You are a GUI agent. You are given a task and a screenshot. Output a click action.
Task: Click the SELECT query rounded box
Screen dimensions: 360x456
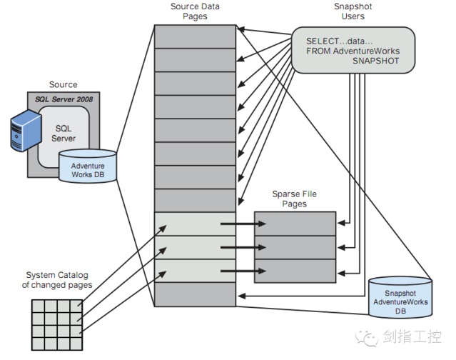pos(352,50)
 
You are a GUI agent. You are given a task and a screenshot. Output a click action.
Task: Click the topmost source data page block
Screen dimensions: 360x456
pos(195,36)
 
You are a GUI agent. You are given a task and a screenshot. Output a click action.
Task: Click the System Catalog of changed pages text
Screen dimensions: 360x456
pos(58,280)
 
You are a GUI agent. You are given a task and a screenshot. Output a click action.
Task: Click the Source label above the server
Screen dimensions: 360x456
pos(63,85)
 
